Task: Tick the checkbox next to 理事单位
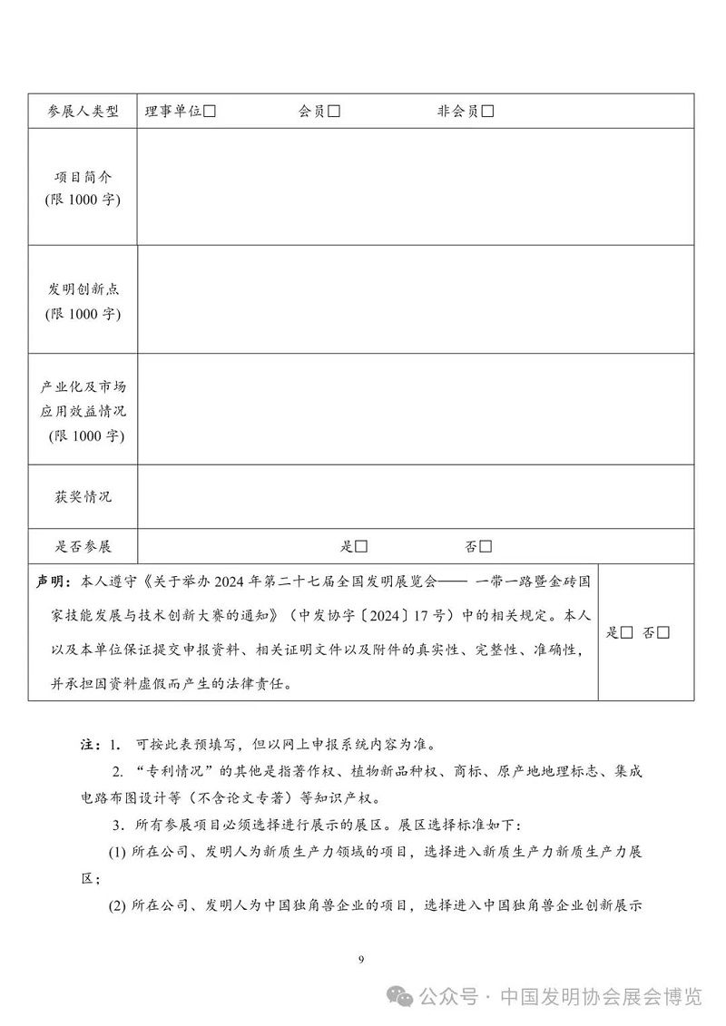click(x=210, y=112)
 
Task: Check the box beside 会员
click(x=334, y=112)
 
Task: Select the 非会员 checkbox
click(x=488, y=112)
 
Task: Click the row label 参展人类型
click(x=83, y=112)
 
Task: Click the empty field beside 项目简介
click(x=415, y=187)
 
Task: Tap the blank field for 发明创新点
click(x=415, y=299)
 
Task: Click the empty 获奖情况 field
click(x=415, y=496)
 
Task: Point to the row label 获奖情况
click(x=83, y=497)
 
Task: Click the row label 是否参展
click(x=83, y=546)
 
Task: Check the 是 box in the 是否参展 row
click(x=361, y=546)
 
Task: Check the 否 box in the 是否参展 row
click(x=486, y=546)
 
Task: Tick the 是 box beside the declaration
click(x=626, y=632)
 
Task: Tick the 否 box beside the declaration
click(x=663, y=632)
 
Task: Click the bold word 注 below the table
click(x=88, y=745)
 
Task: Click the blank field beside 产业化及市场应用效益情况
click(x=415, y=408)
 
